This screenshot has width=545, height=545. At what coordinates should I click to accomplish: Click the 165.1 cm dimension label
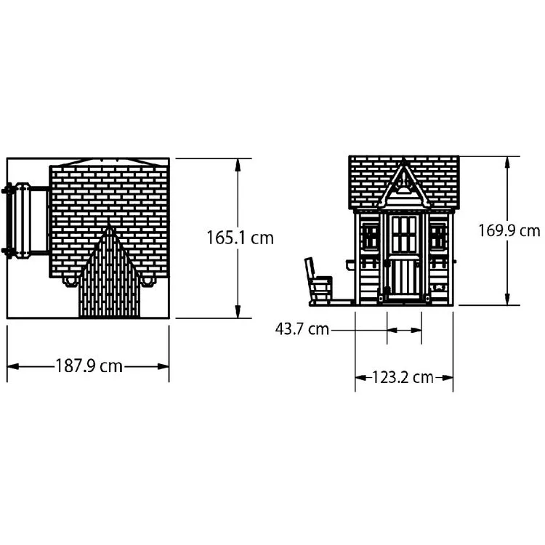241,238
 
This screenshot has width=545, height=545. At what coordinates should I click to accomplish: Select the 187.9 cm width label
89,366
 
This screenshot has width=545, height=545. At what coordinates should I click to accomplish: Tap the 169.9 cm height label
509,230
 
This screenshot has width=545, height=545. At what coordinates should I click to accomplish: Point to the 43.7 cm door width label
302,328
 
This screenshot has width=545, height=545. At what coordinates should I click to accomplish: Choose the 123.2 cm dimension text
403,377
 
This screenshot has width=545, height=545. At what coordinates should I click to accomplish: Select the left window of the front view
370,237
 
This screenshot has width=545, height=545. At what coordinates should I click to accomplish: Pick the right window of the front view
438,237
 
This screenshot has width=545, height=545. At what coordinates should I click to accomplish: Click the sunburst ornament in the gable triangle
403,185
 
